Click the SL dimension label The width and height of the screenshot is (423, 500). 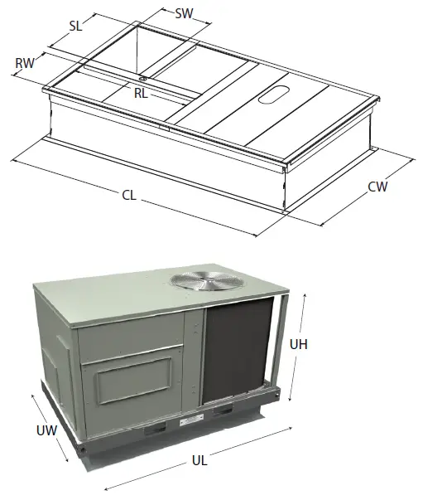click(76, 26)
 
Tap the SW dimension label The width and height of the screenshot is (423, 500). click(185, 13)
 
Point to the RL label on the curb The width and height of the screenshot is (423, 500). click(142, 94)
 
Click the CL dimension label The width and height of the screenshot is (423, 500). click(128, 196)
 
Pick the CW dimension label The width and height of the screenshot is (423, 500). click(377, 187)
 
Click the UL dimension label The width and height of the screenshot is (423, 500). click(199, 461)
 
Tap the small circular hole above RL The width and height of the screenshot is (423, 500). click(143, 80)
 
